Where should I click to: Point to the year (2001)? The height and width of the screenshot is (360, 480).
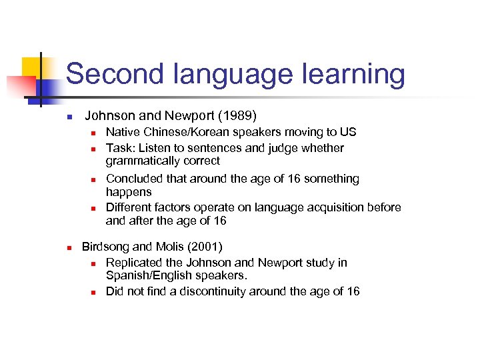click(x=207, y=246)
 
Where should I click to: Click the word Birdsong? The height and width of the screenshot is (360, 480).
click(x=106, y=246)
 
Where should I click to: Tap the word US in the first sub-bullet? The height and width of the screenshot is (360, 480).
click(x=349, y=132)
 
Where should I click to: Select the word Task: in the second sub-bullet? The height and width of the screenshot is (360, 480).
click(x=121, y=148)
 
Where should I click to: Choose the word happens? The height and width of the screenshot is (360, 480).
click(x=129, y=191)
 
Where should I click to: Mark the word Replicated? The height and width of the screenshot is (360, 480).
click(x=133, y=263)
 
